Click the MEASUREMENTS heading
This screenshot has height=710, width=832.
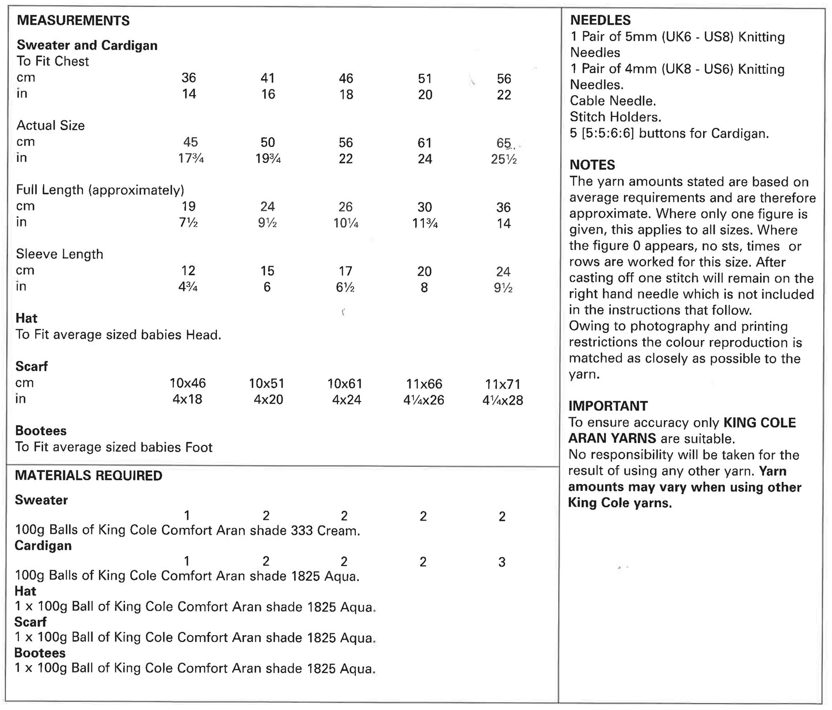(x=73, y=21)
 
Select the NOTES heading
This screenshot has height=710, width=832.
(x=592, y=165)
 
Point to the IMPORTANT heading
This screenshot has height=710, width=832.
(x=607, y=406)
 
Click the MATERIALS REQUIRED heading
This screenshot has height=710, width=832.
(x=88, y=475)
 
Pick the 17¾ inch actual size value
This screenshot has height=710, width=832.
(x=191, y=158)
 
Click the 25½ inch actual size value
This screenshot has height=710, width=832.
(x=503, y=159)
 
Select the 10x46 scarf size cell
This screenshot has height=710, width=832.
(x=188, y=383)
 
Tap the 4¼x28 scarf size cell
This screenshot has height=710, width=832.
(x=503, y=400)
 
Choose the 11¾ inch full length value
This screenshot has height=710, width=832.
(x=425, y=223)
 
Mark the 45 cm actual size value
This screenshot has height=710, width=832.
(x=191, y=142)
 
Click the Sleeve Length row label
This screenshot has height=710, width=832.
(x=59, y=254)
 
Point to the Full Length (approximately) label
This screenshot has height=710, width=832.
(x=100, y=190)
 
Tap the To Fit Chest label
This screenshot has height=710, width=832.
(x=52, y=61)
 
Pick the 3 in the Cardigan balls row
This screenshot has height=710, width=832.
(x=502, y=562)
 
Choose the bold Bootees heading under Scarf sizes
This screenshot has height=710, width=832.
(x=40, y=430)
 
